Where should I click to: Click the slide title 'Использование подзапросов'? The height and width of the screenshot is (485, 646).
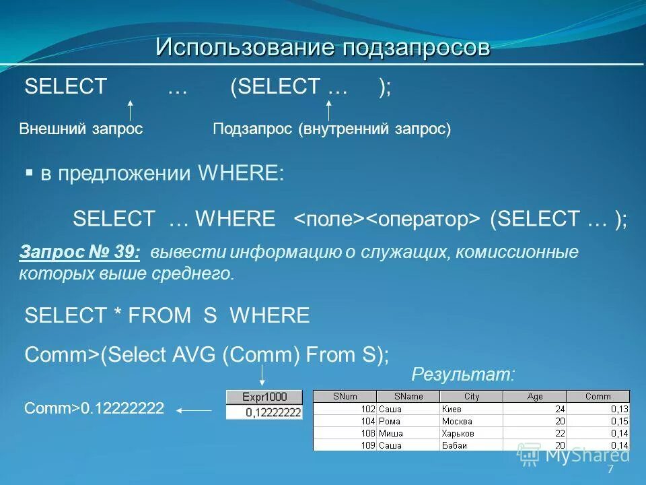coord(323,47)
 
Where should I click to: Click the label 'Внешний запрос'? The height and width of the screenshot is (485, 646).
coord(81,129)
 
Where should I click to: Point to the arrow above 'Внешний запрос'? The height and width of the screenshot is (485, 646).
coord(131,110)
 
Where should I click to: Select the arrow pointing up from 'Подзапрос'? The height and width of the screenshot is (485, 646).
coord(329,110)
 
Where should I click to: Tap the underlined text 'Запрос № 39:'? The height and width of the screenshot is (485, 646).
coord(80,253)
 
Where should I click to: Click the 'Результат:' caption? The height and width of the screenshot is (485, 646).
coord(462,376)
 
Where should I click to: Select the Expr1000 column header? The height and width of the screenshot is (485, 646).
coord(264,397)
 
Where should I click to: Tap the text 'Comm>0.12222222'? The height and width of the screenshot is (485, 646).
coord(94,408)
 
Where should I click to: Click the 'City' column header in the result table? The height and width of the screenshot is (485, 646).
coord(472,397)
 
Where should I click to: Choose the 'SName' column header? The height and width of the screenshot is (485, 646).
coord(408,397)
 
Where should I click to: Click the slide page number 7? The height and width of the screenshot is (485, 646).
coord(610,470)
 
